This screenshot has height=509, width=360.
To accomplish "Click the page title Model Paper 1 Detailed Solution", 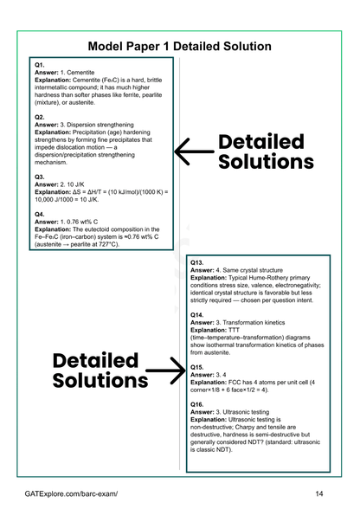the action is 180,46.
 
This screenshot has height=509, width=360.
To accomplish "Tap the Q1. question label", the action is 41,66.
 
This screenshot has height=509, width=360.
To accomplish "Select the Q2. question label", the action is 41,116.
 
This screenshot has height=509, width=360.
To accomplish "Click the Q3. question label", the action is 41,176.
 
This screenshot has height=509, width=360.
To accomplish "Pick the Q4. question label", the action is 41,213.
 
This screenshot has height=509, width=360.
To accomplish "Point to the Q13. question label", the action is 198,262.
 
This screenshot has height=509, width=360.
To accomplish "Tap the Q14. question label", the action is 198,314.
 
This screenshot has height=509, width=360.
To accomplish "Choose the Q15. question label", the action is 198,366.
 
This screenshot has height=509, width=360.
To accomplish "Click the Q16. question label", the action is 198,404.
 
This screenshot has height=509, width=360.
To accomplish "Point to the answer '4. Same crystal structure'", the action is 246,270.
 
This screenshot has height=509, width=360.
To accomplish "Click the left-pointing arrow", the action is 194,151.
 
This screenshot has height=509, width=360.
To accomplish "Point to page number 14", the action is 319,493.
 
